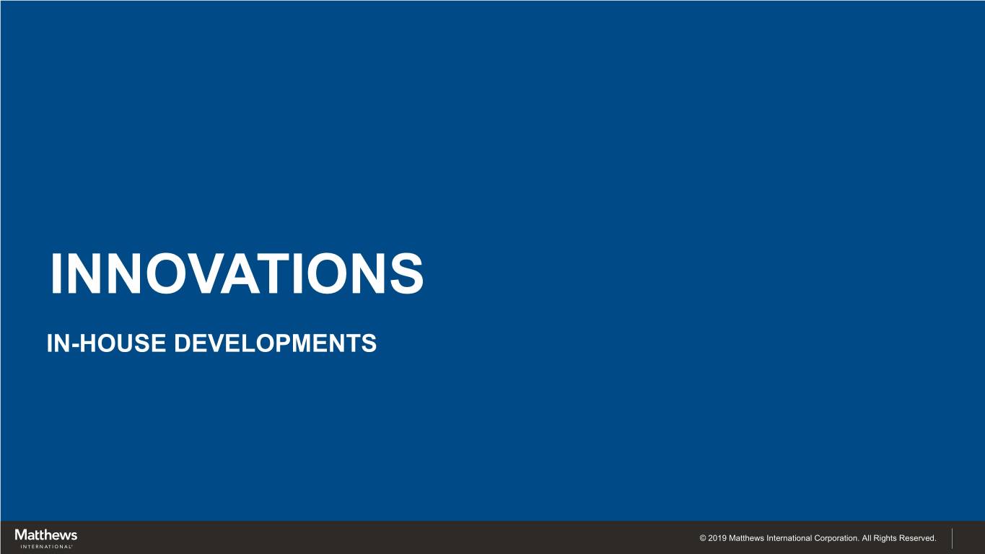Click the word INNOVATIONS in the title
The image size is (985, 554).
coord(237,273)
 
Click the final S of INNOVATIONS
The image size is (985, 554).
coord(406,273)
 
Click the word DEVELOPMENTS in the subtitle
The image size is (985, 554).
coord(275,343)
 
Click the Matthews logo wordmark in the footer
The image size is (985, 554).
coord(45,535)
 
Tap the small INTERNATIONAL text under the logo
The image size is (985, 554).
coord(46,547)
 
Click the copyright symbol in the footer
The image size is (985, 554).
coord(703,538)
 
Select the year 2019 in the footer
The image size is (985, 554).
coord(717,538)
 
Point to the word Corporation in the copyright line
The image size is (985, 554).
coord(836,538)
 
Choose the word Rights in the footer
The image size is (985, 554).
coord(885,538)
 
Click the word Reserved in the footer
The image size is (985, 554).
coord(918,538)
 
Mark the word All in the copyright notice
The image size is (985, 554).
coord(866,538)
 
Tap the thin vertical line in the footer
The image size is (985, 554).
coord(952,539)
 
